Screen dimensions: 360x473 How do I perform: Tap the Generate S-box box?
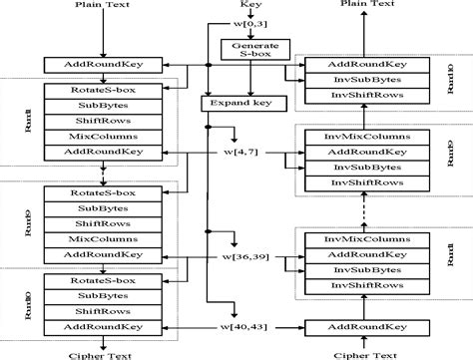pyautogui.click(x=254, y=52)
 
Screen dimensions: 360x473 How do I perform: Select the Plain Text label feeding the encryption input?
pyautogui.click(x=101, y=6)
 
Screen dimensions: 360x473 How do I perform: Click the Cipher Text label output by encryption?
pyautogui.click(x=101, y=353)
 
